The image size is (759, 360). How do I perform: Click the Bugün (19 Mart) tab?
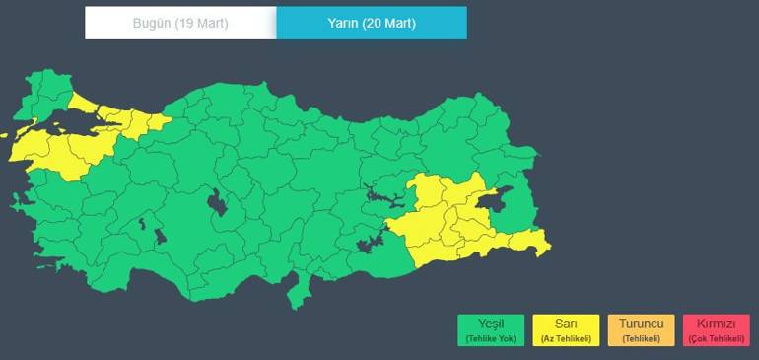click(x=180, y=23)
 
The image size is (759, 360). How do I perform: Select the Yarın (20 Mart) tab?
click(x=371, y=23)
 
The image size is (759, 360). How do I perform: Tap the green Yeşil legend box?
click(x=491, y=330)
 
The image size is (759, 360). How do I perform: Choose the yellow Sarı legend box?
click(x=566, y=330)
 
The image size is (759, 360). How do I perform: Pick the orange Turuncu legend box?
click(x=641, y=330)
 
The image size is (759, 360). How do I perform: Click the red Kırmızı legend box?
click(x=716, y=330)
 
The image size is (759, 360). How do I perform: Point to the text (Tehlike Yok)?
click(x=491, y=339)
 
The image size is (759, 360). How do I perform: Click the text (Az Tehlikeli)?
click(x=566, y=339)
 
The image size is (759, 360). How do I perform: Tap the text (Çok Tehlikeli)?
click(x=716, y=339)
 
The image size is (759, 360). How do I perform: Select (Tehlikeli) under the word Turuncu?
click(x=641, y=339)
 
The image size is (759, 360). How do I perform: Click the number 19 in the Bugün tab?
click(x=187, y=23)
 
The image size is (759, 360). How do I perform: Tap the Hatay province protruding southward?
click(x=293, y=292)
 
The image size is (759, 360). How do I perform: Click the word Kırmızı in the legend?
click(x=716, y=324)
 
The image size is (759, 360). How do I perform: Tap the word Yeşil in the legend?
click(x=491, y=324)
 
